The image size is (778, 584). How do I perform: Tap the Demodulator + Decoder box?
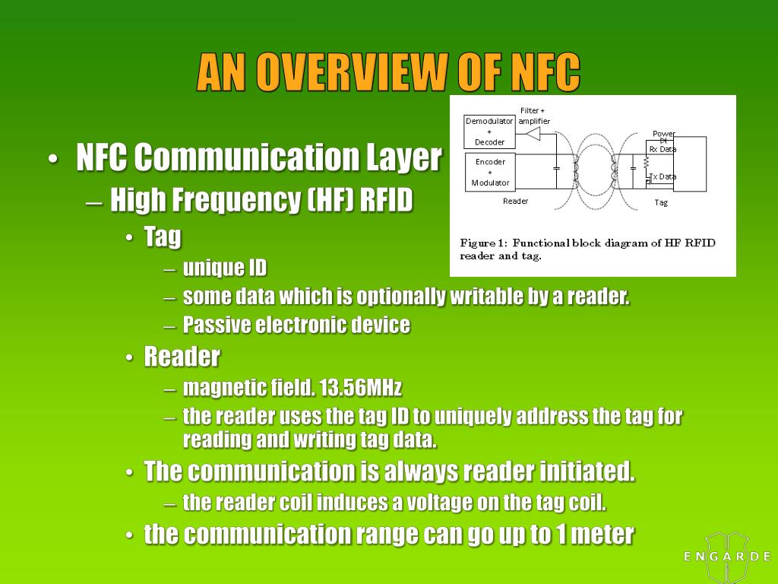[489, 132]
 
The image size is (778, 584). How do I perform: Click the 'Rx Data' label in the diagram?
[663, 149]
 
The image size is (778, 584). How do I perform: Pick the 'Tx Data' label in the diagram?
[663, 176]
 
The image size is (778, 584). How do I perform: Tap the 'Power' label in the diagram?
[664, 134]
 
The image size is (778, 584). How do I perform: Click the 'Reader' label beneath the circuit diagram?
[515, 201]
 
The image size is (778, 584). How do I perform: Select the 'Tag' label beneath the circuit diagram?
[661, 202]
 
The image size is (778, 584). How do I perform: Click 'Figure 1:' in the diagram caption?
[483, 243]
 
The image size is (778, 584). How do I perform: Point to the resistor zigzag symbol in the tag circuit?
[646, 163]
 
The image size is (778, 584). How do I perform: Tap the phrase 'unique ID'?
[225, 268]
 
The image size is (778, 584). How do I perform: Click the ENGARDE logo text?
[726, 557]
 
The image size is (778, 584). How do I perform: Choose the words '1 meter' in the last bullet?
[594, 535]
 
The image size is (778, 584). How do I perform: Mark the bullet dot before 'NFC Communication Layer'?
[52, 160]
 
